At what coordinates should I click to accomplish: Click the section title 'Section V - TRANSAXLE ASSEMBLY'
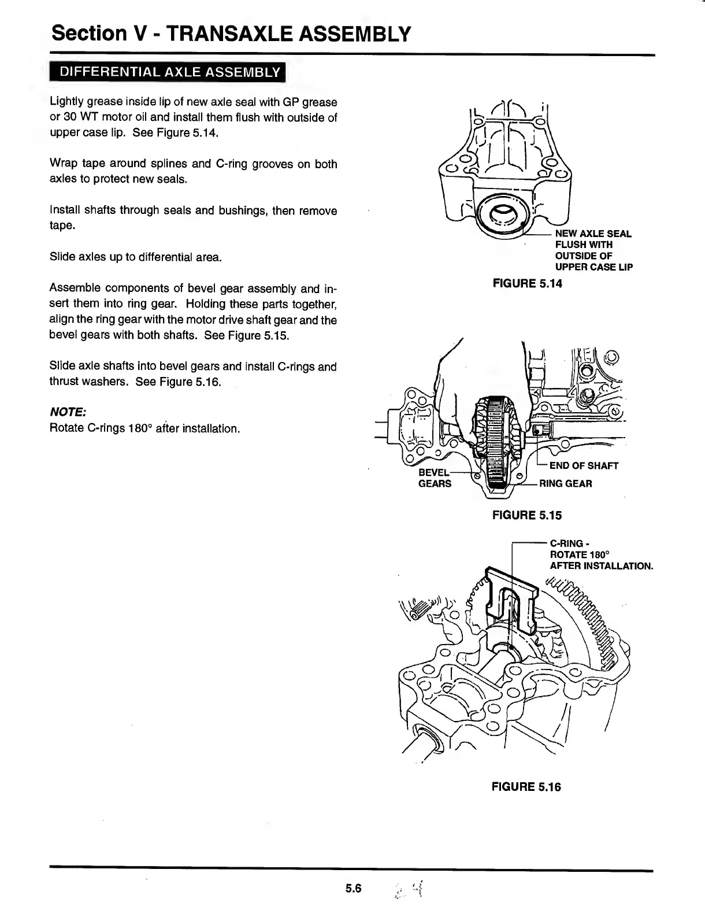click(x=231, y=34)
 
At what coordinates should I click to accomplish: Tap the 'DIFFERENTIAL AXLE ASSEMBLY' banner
click(x=168, y=72)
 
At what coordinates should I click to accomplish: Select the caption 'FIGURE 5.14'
click(x=526, y=283)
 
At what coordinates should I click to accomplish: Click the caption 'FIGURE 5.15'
click(x=526, y=515)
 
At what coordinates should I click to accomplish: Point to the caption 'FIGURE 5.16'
click(x=526, y=786)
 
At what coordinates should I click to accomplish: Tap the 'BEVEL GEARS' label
click(x=435, y=478)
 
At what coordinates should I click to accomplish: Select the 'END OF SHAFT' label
click(x=584, y=465)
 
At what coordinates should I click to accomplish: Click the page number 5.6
click(x=353, y=889)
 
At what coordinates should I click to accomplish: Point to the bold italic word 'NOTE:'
click(x=68, y=412)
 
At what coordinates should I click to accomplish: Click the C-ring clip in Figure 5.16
click(x=511, y=601)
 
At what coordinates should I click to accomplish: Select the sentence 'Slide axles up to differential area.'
click(x=136, y=257)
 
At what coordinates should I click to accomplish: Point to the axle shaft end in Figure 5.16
click(x=425, y=743)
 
